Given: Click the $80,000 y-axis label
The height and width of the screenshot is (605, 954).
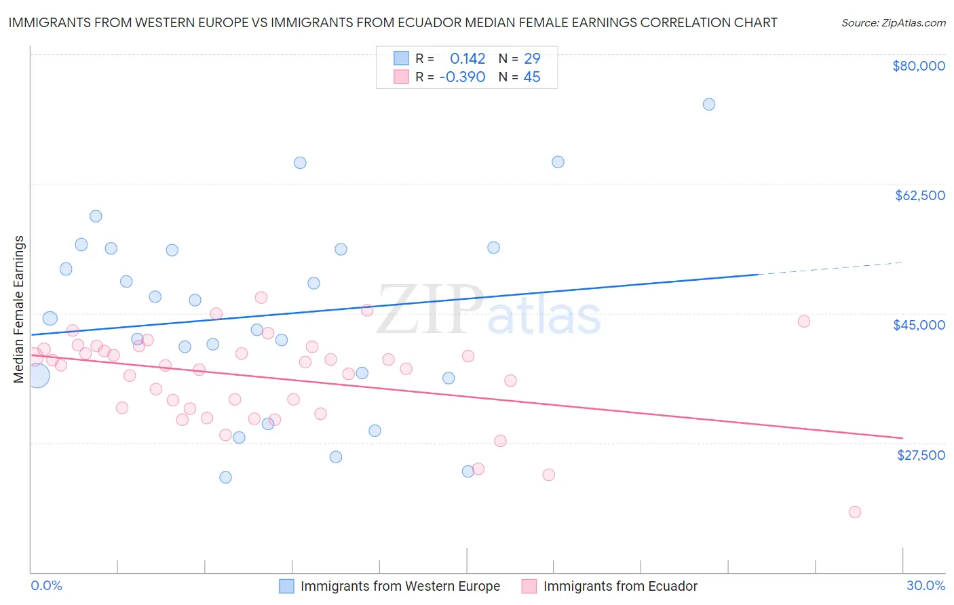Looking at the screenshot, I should pos(919,66).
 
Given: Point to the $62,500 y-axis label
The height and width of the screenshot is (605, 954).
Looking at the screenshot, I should pos(919,195).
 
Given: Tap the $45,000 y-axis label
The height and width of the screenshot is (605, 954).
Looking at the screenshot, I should pos(919,325).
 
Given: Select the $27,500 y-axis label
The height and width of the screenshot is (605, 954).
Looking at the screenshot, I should pos(921,455).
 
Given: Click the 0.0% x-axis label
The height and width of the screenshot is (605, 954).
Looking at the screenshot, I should pos(46,585).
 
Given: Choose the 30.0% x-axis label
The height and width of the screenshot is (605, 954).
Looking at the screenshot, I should pos(926,585).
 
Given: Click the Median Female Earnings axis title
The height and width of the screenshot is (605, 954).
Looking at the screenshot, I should pos(19,309).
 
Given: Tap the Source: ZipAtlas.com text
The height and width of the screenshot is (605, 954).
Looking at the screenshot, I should pos(893,23).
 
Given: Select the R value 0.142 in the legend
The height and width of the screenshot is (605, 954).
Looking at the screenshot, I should pos(468,58).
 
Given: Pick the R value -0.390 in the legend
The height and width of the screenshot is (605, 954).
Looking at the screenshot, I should pos(462,77).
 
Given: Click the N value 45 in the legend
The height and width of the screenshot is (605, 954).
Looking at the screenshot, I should pos(532,77).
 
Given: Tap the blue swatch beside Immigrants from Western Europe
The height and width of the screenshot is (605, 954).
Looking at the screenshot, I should pos(287,586).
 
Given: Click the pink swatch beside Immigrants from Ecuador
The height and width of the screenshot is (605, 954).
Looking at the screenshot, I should pos(529,586).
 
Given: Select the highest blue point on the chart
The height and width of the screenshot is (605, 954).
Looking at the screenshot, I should pos(709,104).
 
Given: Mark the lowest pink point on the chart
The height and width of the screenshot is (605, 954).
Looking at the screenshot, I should pos(855,512).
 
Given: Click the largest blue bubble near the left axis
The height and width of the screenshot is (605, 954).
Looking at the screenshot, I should pos(37,375).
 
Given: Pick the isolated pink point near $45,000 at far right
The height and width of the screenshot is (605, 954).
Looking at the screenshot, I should pos(804,321).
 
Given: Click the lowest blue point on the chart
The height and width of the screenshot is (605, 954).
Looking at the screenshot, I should pos(226,477).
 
